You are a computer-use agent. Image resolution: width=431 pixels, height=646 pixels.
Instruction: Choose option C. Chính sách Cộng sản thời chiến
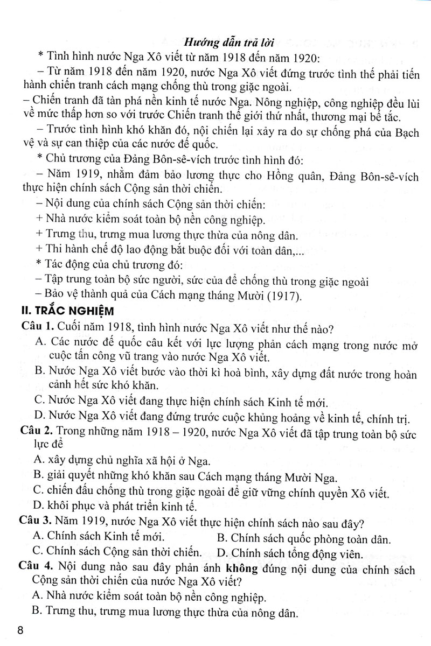[116, 552]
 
